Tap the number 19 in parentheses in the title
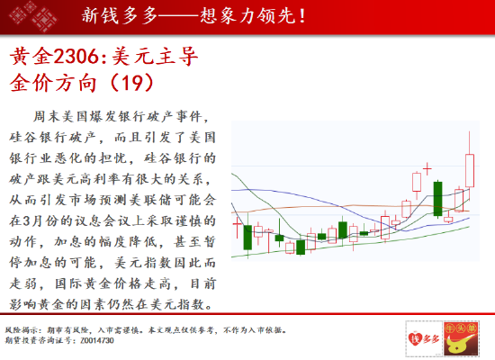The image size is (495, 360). point(132,83)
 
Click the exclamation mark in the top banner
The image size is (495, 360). point(302,16)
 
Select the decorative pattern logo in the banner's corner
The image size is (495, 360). point(33,15)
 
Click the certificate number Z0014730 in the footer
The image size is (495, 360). point(97,340)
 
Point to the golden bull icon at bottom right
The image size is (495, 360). point(461,338)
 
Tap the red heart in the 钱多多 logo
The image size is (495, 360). point(415,338)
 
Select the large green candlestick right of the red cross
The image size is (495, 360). point(438,199)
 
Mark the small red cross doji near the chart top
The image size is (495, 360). point(427,169)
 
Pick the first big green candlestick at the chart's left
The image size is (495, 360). point(247,237)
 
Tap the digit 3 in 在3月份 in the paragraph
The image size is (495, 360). point(27,220)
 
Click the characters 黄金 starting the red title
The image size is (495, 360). point(31,57)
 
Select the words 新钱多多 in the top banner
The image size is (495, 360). point(120,16)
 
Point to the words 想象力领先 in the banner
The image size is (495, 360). point(248,16)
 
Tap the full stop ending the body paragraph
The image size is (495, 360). point(210,307)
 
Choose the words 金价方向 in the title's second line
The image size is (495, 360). point(53,83)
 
